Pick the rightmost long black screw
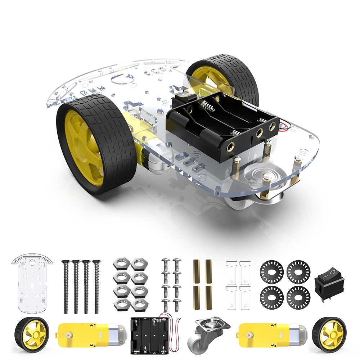click(x=96, y=286)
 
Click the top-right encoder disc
click(x=298, y=271)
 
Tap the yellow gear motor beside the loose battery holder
click(x=92, y=334)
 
